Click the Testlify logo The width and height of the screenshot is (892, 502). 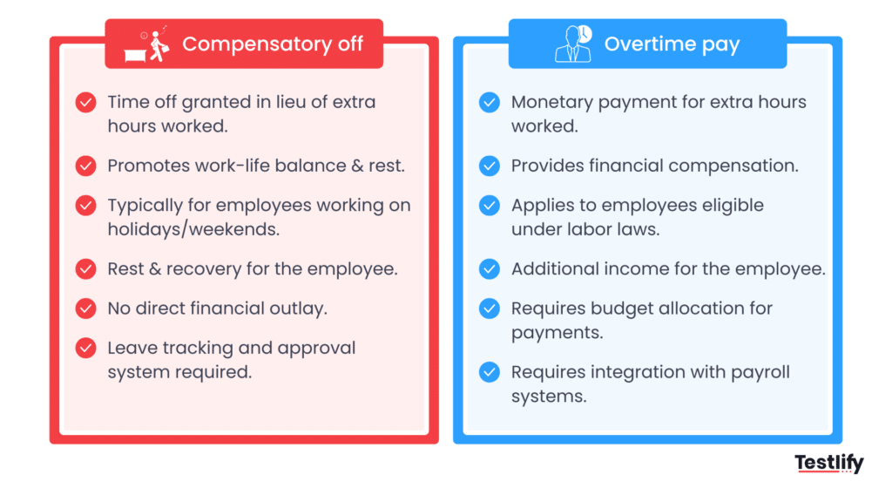click(828, 464)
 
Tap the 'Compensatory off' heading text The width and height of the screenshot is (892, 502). click(273, 44)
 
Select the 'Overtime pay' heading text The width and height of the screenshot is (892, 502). click(672, 44)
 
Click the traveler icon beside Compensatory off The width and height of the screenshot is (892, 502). click(154, 44)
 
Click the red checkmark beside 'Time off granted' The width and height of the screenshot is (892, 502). click(85, 102)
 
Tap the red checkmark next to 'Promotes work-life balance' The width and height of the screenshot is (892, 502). click(85, 166)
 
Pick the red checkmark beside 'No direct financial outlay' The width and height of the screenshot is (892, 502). click(85, 308)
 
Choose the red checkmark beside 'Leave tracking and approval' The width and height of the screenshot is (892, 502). click(85, 348)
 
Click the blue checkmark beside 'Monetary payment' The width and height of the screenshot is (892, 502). click(490, 102)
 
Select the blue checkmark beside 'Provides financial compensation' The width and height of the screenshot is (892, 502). click(490, 166)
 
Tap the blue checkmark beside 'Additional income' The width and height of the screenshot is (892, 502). click(490, 268)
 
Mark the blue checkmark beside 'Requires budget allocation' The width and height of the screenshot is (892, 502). click(490, 308)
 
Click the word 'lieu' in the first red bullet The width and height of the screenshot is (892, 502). click(296, 102)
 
